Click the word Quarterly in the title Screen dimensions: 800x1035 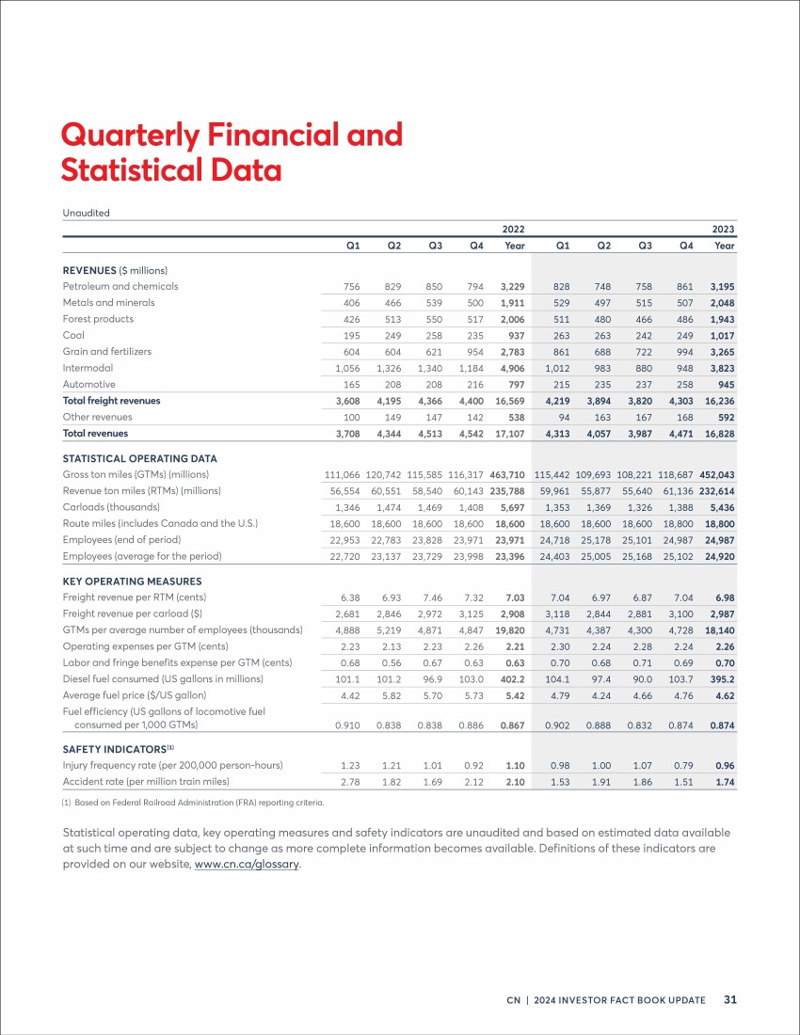click(130, 136)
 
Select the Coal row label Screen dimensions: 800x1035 click(73, 335)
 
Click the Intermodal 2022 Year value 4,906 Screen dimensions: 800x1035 click(512, 368)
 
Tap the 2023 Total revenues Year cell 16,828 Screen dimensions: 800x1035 click(719, 434)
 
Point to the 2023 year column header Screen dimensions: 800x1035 click(723, 229)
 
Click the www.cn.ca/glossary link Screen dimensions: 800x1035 click(247, 864)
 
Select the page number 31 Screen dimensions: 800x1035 click(730, 999)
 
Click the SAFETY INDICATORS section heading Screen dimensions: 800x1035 click(119, 749)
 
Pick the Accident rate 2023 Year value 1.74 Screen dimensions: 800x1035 click(725, 782)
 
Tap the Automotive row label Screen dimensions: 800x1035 click(89, 384)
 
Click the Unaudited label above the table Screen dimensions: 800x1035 click(86, 213)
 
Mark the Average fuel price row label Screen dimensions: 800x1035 click(135, 695)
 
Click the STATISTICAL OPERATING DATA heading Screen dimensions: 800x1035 click(140, 459)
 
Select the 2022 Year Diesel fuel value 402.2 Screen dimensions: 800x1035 click(512, 679)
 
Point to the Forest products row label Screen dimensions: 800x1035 click(98, 319)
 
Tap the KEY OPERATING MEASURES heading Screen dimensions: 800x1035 click(132, 581)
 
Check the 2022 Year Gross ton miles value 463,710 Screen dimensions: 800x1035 click(507, 474)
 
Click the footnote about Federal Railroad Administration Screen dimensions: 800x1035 click(193, 803)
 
